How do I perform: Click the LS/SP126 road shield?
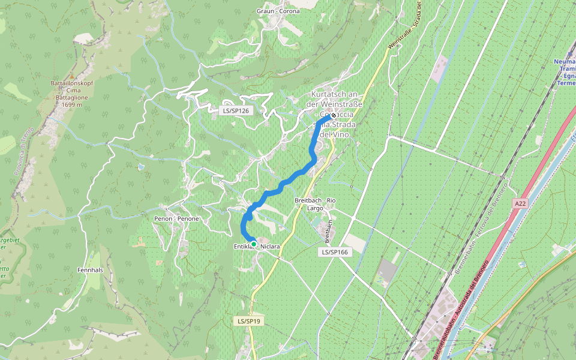pyautogui.click(x=236, y=110)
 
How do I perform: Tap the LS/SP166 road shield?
pyautogui.click(x=334, y=252)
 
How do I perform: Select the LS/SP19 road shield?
pyautogui.click(x=248, y=321)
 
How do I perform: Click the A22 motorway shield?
pyautogui.click(x=520, y=204)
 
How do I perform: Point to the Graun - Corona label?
pyautogui.click(x=278, y=11)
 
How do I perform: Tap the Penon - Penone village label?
pyautogui.click(x=176, y=219)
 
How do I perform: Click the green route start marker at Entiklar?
pyautogui.click(x=254, y=244)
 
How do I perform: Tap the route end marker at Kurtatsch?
pyautogui.click(x=333, y=115)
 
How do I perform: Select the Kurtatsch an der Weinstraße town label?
pyautogui.click(x=334, y=99)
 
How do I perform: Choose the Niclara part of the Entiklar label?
pyautogui.click(x=270, y=245)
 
